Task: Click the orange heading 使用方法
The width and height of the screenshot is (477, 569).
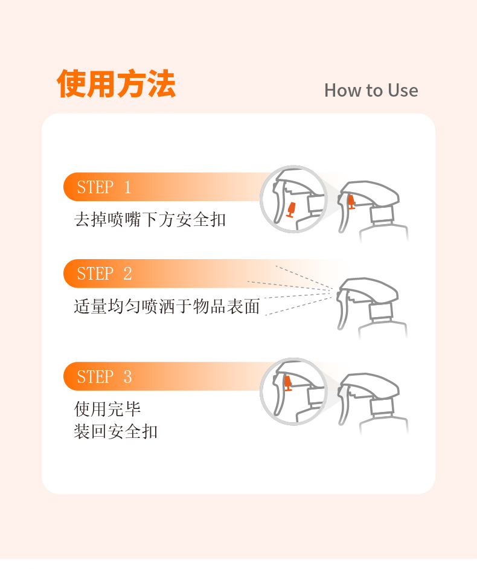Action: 116,84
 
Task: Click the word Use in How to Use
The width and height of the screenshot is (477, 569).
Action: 403,90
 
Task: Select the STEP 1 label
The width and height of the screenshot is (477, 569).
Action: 104,187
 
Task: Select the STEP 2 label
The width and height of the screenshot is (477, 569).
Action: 104,274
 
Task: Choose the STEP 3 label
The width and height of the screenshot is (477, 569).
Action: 104,377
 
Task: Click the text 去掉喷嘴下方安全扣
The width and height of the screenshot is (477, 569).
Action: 150,219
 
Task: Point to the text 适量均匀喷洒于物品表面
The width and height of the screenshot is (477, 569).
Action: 167,306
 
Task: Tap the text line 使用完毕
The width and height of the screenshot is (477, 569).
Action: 107,409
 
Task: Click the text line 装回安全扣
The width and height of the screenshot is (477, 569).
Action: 116,431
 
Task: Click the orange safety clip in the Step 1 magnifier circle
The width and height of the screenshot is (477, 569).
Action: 290,210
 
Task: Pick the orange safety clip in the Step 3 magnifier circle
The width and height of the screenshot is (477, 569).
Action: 287,383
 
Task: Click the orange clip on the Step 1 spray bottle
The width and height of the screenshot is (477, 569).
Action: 351,202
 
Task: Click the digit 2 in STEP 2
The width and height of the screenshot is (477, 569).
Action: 127,274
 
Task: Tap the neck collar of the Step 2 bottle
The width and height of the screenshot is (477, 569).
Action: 381,310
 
